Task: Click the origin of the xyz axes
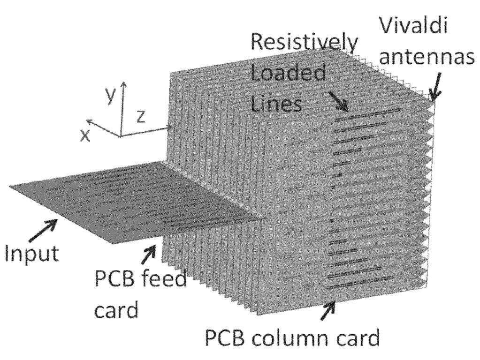tap(121, 136)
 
